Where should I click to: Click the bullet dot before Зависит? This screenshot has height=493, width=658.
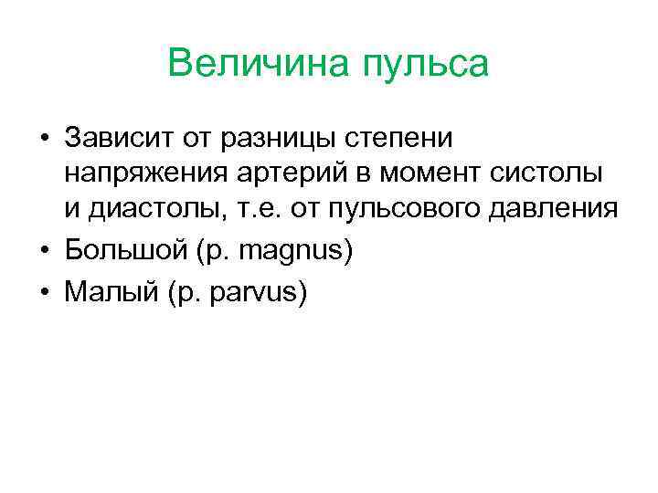[44, 139]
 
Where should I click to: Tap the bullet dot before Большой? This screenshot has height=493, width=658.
[44, 249]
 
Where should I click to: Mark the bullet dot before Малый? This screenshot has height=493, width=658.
[44, 291]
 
